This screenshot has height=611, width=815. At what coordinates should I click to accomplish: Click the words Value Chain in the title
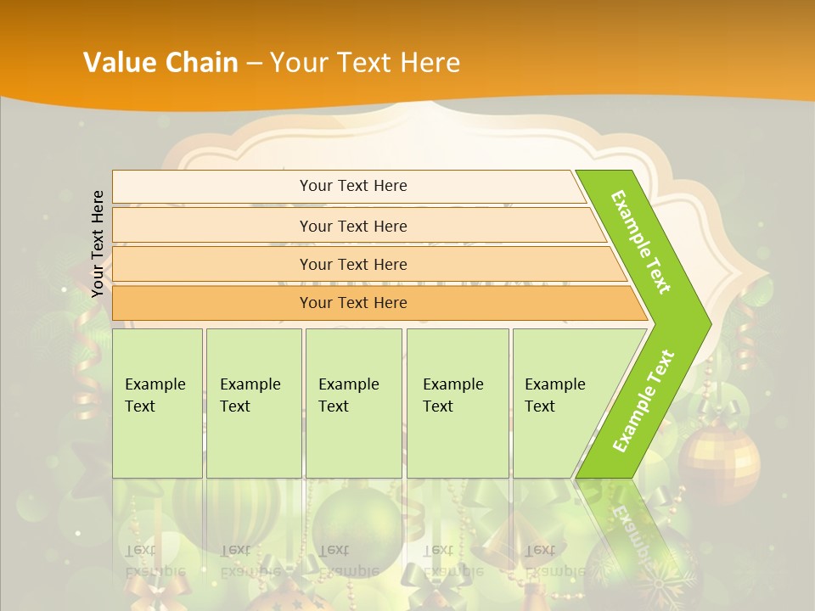160,63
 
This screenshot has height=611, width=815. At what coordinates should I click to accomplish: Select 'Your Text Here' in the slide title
365,63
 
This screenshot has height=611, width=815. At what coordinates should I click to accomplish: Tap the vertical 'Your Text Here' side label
98,244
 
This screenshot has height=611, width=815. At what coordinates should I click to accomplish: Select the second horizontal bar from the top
353,226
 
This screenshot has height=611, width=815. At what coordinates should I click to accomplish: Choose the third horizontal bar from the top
353,264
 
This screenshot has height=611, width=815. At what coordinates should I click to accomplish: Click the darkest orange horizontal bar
353,303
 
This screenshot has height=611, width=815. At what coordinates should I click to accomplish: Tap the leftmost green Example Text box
157,403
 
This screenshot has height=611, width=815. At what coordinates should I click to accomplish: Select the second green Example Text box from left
253,403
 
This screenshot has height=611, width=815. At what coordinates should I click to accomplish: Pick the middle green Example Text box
353,403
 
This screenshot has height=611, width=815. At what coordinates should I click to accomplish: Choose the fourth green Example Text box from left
457,403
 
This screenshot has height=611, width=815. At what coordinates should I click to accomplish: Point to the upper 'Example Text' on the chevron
641,242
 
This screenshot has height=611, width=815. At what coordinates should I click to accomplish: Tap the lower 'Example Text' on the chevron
644,401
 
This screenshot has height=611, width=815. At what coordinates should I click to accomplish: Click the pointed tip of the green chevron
708,323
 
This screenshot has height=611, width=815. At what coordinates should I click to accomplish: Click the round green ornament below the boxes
356,523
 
